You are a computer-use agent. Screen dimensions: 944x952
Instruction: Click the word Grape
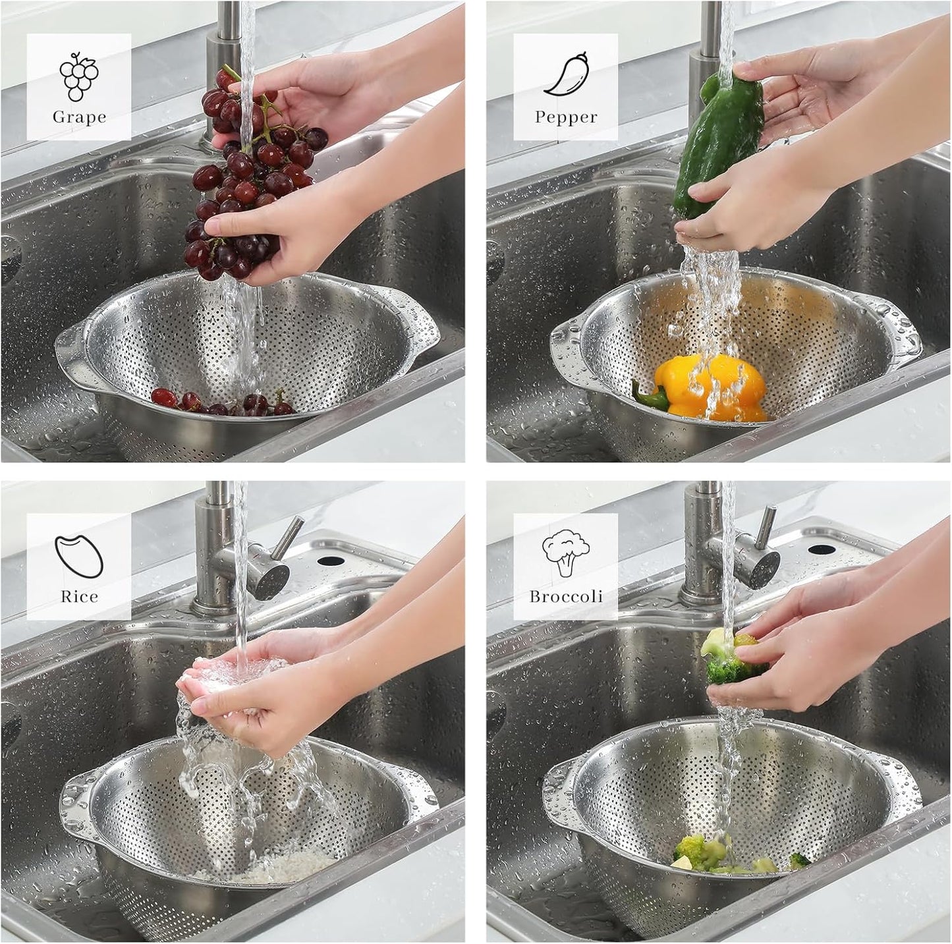coord(79,117)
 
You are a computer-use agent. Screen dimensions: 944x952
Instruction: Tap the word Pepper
coord(566,117)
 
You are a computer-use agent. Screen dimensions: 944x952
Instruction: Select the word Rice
coord(79,597)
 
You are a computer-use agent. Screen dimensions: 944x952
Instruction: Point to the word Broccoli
coord(566,597)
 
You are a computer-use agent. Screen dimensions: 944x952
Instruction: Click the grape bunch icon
coord(79,76)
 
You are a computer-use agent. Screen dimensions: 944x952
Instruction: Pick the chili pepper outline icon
coord(566,74)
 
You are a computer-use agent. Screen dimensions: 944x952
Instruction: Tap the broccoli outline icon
coord(565,553)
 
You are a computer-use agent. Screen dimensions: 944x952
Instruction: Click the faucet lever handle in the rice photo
coord(288,537)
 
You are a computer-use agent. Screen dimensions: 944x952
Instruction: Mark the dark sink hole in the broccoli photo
coord(822,549)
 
